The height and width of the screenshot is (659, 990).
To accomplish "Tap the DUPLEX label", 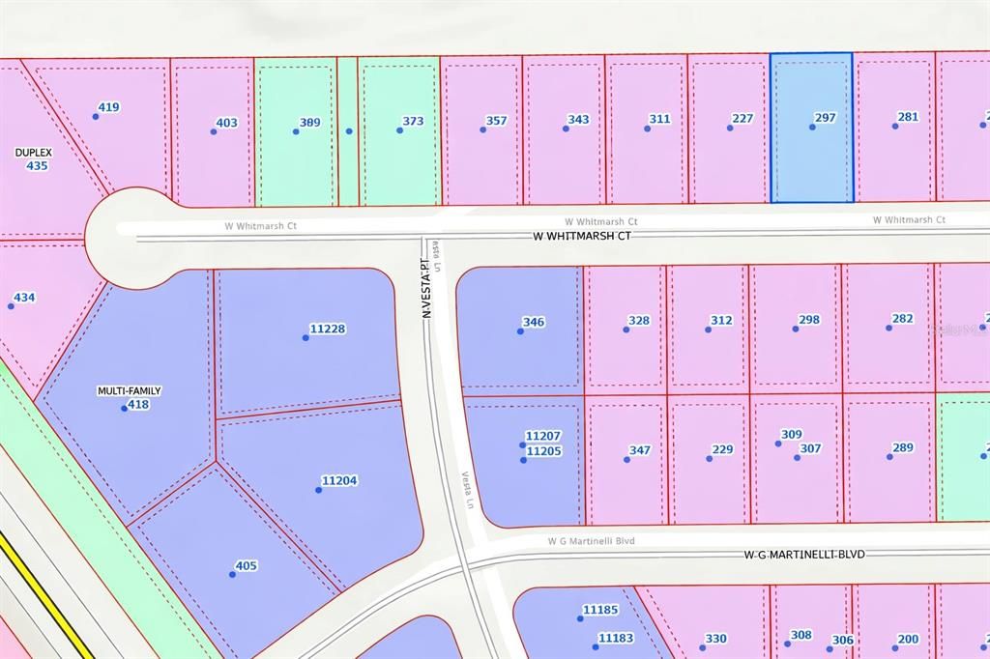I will click(33, 153).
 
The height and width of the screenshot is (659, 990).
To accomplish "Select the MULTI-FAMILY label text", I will click(129, 391).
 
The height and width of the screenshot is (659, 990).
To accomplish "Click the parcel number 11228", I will click(328, 329).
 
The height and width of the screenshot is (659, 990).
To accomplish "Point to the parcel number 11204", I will click(339, 480).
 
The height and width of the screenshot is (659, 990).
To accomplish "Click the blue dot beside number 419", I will click(96, 116).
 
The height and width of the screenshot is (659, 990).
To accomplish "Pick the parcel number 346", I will click(533, 322).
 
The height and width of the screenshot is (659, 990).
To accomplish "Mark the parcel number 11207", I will click(542, 437).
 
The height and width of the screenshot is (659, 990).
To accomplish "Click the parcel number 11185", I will click(600, 610).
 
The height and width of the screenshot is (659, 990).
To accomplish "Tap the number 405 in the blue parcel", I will click(247, 565).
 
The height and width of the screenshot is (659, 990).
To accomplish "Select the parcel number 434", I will click(24, 298).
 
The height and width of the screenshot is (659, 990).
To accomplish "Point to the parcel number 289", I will click(902, 447).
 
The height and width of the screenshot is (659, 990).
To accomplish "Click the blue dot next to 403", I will click(214, 131).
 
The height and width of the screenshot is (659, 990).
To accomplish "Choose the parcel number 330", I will click(715, 638).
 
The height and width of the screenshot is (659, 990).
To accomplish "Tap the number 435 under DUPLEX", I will click(37, 166).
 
